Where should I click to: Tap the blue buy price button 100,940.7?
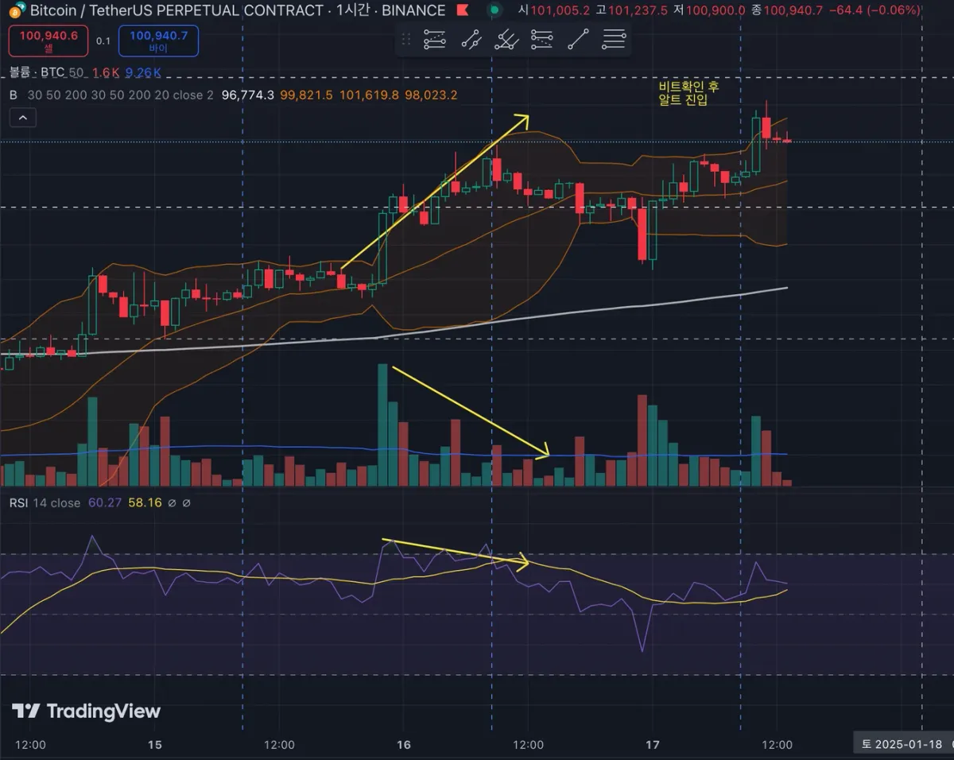point(158,41)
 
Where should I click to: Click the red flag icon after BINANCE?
point(462,11)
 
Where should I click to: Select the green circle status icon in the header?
point(494,10)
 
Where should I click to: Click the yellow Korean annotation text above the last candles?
point(688,93)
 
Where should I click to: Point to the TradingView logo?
point(86,711)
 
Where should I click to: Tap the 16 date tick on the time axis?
point(404,745)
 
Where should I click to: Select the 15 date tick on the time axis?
point(155,745)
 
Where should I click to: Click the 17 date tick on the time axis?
point(653,745)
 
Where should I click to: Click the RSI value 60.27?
point(104,502)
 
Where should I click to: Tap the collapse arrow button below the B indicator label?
point(22,118)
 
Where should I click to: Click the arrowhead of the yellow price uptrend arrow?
point(524,118)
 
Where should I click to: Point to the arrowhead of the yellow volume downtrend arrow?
point(545,455)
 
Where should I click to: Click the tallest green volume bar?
point(382,425)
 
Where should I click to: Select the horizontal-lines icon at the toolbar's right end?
point(614,39)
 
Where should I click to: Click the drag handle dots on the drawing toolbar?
point(406,39)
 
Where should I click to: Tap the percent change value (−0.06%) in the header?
point(893,10)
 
